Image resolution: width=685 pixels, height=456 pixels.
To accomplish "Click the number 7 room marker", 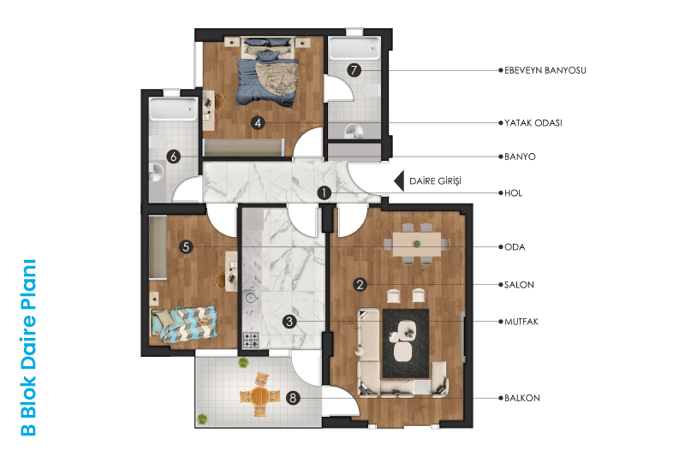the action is tap(354, 70).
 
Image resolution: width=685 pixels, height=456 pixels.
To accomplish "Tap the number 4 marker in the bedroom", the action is tap(258, 123).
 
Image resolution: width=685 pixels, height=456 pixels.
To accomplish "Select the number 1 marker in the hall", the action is tap(324, 192).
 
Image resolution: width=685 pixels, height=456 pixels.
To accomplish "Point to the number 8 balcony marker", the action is tap(293, 398).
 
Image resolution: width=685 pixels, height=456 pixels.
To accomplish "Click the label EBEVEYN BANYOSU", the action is tap(545, 70).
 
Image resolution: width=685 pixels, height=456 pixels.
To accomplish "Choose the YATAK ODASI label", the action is tap(533, 123).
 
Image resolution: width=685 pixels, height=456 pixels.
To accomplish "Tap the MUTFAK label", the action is tap(521, 322).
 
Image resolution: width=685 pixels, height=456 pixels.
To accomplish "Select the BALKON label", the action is tap(522, 398).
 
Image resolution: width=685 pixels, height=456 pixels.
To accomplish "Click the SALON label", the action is tap(519, 285).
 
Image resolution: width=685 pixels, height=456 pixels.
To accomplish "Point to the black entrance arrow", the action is tap(399, 181).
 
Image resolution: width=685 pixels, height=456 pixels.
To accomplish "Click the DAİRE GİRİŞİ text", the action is tap(435, 181).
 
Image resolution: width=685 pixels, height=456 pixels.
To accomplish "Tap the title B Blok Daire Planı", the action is tap(29, 347).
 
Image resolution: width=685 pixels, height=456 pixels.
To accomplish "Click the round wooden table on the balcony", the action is tap(259, 395).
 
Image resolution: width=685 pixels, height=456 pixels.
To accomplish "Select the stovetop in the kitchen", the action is tap(251, 340).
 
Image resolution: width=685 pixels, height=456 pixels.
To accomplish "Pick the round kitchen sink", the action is tap(250, 298).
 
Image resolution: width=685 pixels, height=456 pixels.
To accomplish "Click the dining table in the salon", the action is tap(416, 244).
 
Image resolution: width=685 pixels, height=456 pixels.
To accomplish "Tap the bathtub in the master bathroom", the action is tap(354, 49).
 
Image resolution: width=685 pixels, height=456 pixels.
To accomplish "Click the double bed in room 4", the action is tap(267, 71).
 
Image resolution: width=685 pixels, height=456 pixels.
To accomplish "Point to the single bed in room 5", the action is tap(183, 323).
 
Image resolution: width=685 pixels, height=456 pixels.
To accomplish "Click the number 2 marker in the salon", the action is tap(360, 285).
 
